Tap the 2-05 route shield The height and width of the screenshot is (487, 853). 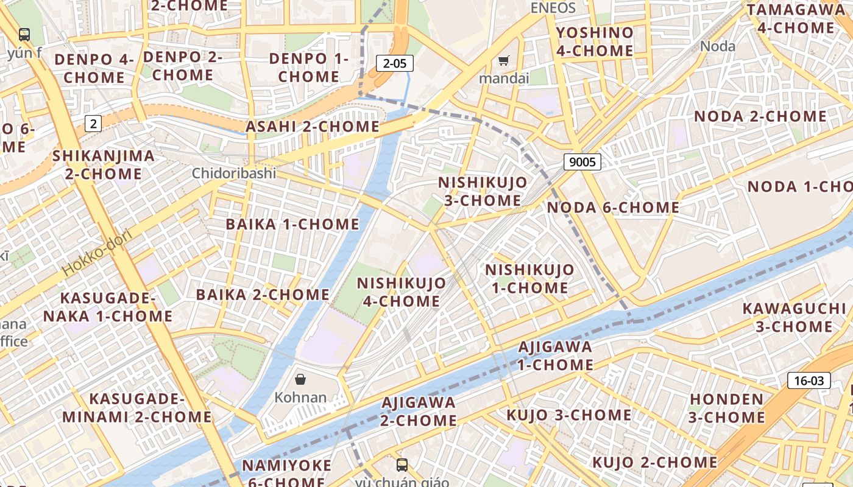(395, 63)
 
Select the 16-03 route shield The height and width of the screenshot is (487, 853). (809, 381)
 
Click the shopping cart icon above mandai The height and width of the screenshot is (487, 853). (503, 60)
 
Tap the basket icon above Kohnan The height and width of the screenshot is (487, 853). (300, 380)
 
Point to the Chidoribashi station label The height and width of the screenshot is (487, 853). (234, 173)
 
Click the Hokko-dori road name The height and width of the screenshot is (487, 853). (97, 252)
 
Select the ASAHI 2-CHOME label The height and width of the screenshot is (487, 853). (313, 127)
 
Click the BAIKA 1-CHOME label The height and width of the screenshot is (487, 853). (292, 224)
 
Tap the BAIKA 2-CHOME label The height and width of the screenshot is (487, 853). (263, 295)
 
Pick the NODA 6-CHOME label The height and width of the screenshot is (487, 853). (613, 208)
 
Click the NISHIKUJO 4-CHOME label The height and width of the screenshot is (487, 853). (402, 292)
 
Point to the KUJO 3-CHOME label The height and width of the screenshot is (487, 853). (569, 415)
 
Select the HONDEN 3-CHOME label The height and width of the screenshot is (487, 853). (726, 408)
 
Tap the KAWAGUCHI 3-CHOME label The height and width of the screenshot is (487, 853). (794, 317)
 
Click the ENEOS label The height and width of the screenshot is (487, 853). (553, 8)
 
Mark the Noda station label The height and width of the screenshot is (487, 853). (718, 46)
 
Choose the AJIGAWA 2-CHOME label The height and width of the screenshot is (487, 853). (419, 412)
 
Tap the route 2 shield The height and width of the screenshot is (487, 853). (93, 124)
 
